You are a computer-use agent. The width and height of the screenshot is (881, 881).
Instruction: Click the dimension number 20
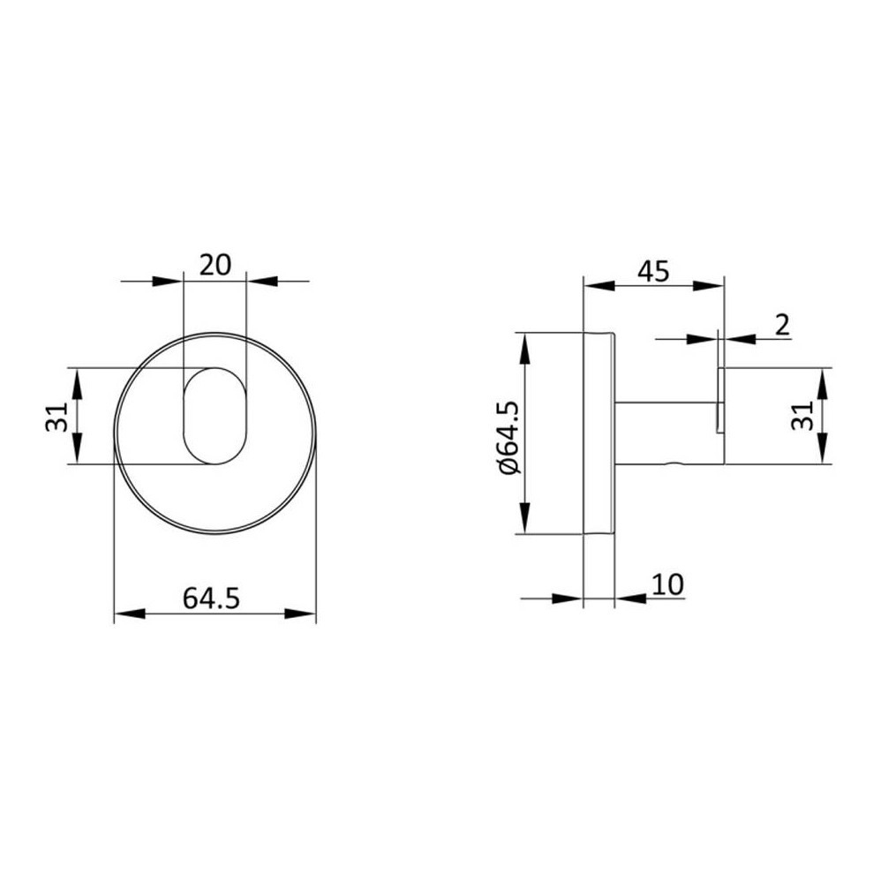(x=215, y=265)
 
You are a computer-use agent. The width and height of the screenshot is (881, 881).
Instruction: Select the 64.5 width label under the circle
(x=211, y=598)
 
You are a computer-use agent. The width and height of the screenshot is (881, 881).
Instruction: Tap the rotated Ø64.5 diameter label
(x=509, y=438)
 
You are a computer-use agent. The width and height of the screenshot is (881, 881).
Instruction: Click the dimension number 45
(x=654, y=271)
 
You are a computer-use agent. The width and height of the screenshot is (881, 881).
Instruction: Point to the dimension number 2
(x=782, y=325)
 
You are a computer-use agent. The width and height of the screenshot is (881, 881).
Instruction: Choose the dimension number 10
(x=668, y=584)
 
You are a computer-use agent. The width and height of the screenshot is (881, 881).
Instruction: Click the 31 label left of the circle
(x=56, y=417)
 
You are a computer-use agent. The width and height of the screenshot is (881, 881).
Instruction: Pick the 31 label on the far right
(x=802, y=415)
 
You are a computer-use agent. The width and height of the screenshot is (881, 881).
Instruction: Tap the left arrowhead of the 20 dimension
(x=168, y=281)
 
